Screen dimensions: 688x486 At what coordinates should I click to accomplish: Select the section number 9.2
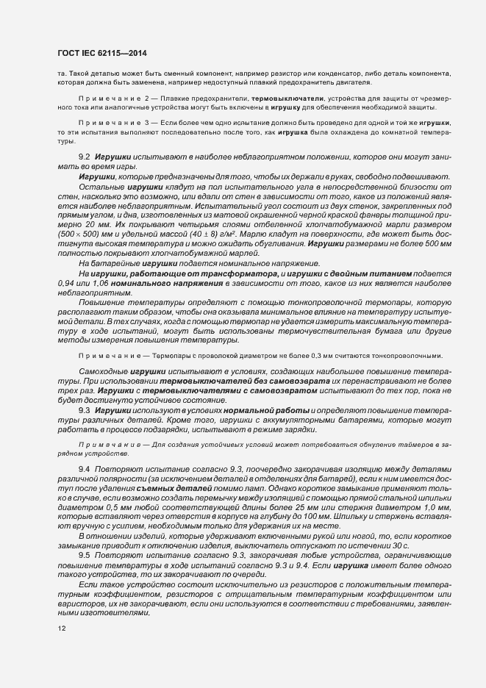pos(85,157)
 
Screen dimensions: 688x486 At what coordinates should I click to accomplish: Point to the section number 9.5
pos(85,555)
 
